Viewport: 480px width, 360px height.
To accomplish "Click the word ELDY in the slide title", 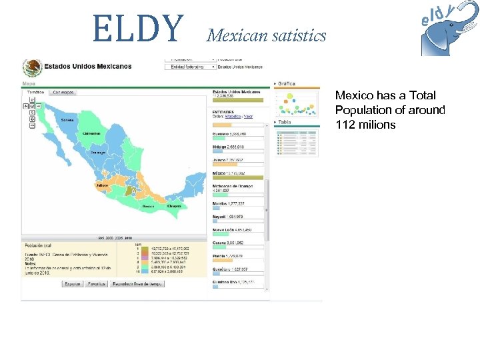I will point(139,27).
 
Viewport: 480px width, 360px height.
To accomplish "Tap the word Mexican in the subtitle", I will point(234,35).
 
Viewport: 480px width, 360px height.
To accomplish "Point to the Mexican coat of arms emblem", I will point(31,67).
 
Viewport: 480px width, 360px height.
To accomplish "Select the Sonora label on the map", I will point(67,121).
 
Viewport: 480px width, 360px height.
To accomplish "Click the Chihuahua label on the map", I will point(91,133).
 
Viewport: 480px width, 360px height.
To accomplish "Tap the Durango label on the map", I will point(99,153).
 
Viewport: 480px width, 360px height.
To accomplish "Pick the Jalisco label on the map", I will point(102,185).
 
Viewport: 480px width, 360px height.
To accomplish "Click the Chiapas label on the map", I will point(175,206).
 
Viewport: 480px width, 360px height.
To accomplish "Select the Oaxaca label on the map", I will point(148,207).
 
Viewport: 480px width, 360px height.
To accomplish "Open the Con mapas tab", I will point(63,92).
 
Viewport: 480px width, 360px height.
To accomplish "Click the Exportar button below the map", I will point(73,283).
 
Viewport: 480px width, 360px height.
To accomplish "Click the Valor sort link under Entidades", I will point(248,117).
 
